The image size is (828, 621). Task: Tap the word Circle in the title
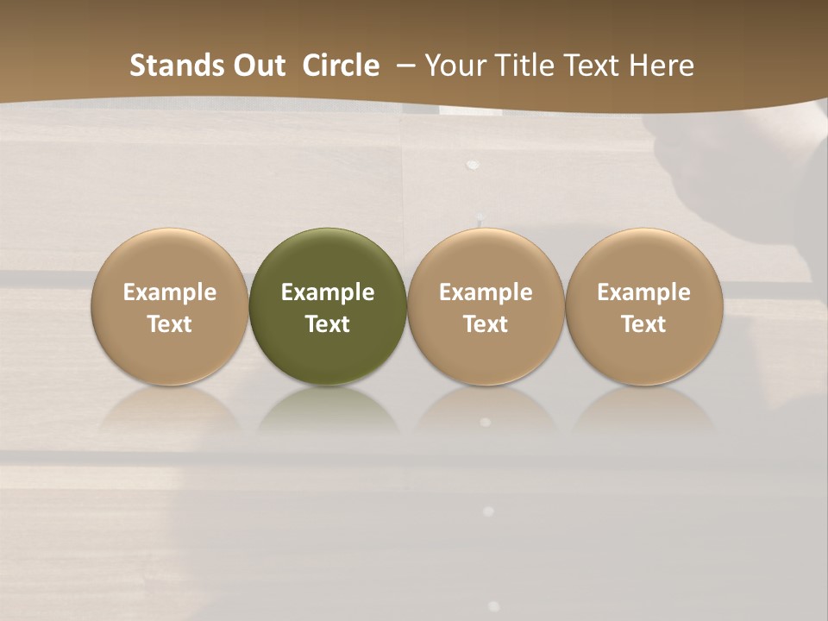point(341,66)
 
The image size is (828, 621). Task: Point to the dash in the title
point(405,66)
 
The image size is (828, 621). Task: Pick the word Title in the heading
point(521,66)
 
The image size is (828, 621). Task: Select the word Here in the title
point(662,66)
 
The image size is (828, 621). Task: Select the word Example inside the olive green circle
point(328,292)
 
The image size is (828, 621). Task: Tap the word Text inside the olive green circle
point(328,324)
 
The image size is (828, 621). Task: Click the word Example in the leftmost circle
point(170,292)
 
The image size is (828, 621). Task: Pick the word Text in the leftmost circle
point(170,324)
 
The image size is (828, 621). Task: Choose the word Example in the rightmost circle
point(644,292)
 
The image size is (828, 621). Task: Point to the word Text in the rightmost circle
point(644,324)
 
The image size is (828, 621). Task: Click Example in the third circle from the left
point(486,292)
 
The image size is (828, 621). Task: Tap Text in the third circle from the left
point(486,324)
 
